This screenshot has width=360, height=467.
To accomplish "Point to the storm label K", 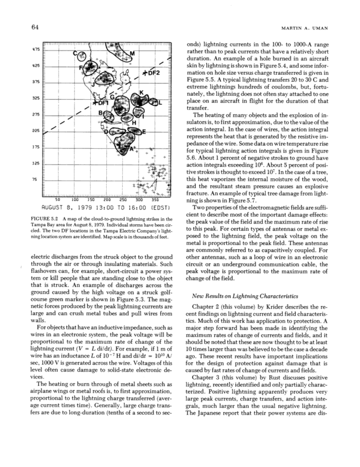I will [x=140, y=92].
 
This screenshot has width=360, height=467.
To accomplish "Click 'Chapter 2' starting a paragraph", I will [x=207, y=307].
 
